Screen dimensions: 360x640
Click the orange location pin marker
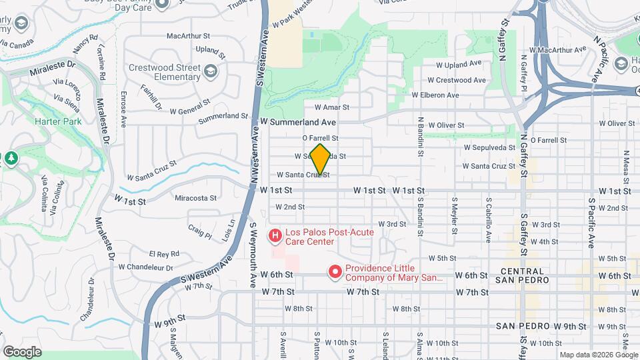[x=320, y=159]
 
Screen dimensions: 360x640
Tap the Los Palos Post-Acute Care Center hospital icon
[x=274, y=235]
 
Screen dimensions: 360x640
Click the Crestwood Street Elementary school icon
[x=211, y=71]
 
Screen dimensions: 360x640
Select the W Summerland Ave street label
[x=298, y=123]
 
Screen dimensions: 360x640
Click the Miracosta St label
[x=195, y=198]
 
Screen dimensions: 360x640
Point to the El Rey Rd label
[x=164, y=254]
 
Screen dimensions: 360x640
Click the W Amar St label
[x=332, y=107]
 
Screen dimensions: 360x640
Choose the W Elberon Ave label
[x=435, y=95]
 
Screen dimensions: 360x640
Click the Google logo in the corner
[x=22, y=351]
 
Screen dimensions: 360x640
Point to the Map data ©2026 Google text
[x=597, y=355]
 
